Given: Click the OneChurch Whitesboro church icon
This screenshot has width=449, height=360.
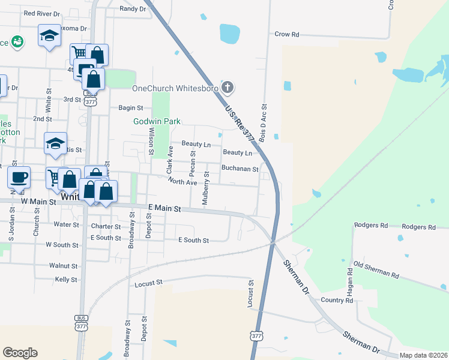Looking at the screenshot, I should [x=227, y=88].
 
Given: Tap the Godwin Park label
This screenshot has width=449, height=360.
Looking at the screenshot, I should [x=157, y=121].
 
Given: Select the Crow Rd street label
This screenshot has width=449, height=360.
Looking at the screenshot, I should [x=286, y=35].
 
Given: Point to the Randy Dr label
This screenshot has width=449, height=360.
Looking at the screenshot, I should [x=133, y=8].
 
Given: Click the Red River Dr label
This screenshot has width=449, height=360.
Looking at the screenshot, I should [x=41, y=13].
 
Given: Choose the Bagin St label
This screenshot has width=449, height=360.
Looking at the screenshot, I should [x=131, y=108].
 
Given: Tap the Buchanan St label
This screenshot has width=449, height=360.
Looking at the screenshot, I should [x=240, y=169].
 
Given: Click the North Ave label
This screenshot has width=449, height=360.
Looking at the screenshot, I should [x=182, y=182].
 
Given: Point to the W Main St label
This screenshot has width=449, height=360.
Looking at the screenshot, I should [x=38, y=202].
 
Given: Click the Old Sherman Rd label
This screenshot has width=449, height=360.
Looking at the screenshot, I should [x=376, y=269].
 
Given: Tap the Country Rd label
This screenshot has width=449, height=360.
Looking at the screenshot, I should [x=337, y=300].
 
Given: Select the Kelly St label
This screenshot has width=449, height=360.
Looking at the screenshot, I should [x=65, y=280].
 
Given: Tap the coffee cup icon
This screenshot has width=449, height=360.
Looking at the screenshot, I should [x=19, y=176].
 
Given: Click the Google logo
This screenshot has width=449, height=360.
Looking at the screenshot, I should [x=20, y=353].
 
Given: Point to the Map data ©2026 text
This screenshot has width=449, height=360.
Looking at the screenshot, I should [x=423, y=355].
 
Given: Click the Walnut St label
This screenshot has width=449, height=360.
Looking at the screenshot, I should [x=63, y=265].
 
